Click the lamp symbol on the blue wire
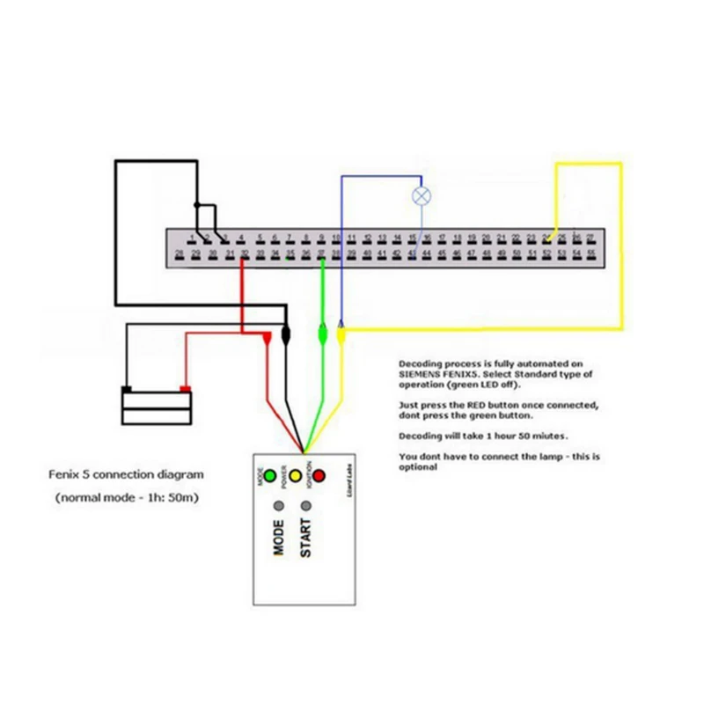click(x=422, y=195)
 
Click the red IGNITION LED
click(x=319, y=477)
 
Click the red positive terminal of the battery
click(x=185, y=389)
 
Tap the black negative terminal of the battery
click(x=127, y=389)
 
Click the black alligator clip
click(x=286, y=335)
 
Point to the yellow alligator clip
click(x=341, y=334)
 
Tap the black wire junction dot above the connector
click(x=198, y=206)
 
